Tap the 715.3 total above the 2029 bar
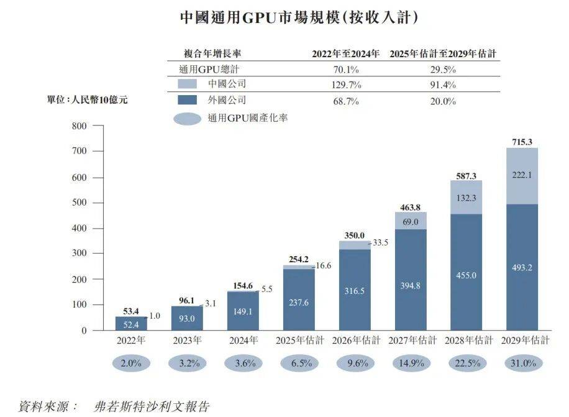522,142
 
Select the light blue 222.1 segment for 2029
522,176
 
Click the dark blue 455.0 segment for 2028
465,275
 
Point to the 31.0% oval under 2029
522,364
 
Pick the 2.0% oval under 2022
131,364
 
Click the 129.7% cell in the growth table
346,85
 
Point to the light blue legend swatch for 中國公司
187,84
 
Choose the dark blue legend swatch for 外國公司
187,100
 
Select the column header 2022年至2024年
345,54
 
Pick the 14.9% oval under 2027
410,364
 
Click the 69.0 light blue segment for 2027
409,221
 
